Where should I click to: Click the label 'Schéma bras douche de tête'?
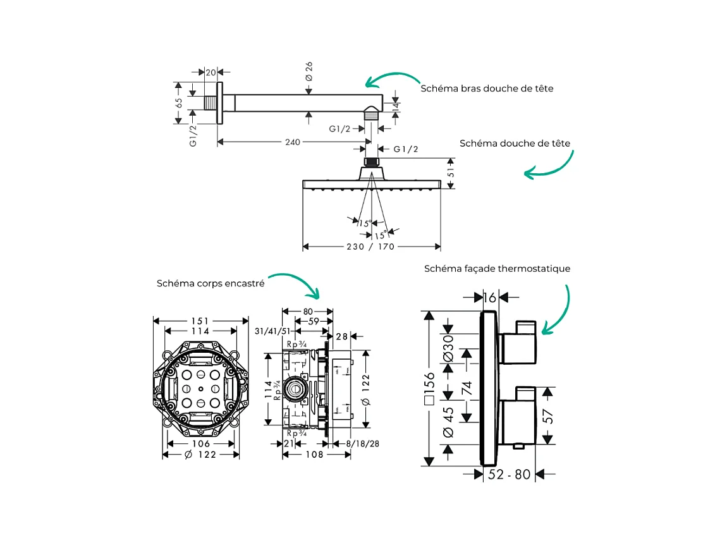[x=487, y=89]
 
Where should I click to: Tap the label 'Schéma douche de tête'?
[x=515, y=144]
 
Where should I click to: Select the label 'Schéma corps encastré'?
[x=211, y=284]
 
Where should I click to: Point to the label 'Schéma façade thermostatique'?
[x=497, y=269]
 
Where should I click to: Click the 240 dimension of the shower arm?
[x=292, y=142]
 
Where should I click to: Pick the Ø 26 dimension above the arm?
[x=309, y=70]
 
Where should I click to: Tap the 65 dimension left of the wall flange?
[x=179, y=102]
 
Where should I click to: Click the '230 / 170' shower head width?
[x=372, y=247]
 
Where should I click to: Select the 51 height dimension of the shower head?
[x=450, y=172]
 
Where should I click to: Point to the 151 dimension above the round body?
[x=200, y=321]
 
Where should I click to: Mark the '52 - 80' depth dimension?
[x=510, y=474]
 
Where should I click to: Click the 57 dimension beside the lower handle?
[x=548, y=415]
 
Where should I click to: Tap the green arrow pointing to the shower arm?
[x=392, y=79]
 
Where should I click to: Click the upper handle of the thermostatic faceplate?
[x=518, y=345]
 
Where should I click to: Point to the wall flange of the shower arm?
[x=220, y=102]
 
